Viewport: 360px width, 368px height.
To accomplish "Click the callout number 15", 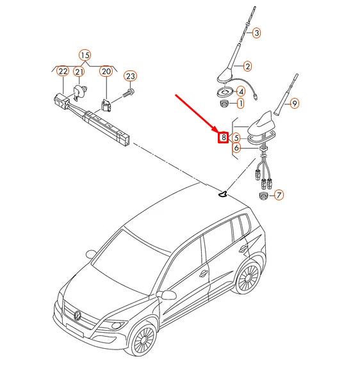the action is (x=85, y=56).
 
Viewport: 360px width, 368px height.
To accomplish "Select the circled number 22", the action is (x=63, y=71).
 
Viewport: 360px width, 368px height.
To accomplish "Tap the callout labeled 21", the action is (x=79, y=72).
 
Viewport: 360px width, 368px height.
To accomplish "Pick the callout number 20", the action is (x=106, y=71).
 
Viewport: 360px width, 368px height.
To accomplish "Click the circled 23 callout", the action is (x=130, y=76).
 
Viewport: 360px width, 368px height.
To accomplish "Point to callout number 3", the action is (x=256, y=33).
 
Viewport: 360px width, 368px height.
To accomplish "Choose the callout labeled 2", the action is (x=247, y=66).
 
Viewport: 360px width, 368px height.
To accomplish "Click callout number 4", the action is (x=241, y=92).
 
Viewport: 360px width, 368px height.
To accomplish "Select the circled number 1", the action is (x=240, y=103).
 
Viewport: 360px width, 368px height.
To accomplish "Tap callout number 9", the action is (x=295, y=103).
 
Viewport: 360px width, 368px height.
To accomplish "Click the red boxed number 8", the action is (x=224, y=137).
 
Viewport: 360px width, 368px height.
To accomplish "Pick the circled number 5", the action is (x=236, y=138).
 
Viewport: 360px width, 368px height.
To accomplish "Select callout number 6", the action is (x=236, y=148).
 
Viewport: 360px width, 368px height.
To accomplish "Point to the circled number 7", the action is (x=279, y=195).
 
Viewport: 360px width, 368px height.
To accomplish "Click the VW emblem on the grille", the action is (x=78, y=315).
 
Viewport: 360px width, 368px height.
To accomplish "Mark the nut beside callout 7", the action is (x=263, y=196).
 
